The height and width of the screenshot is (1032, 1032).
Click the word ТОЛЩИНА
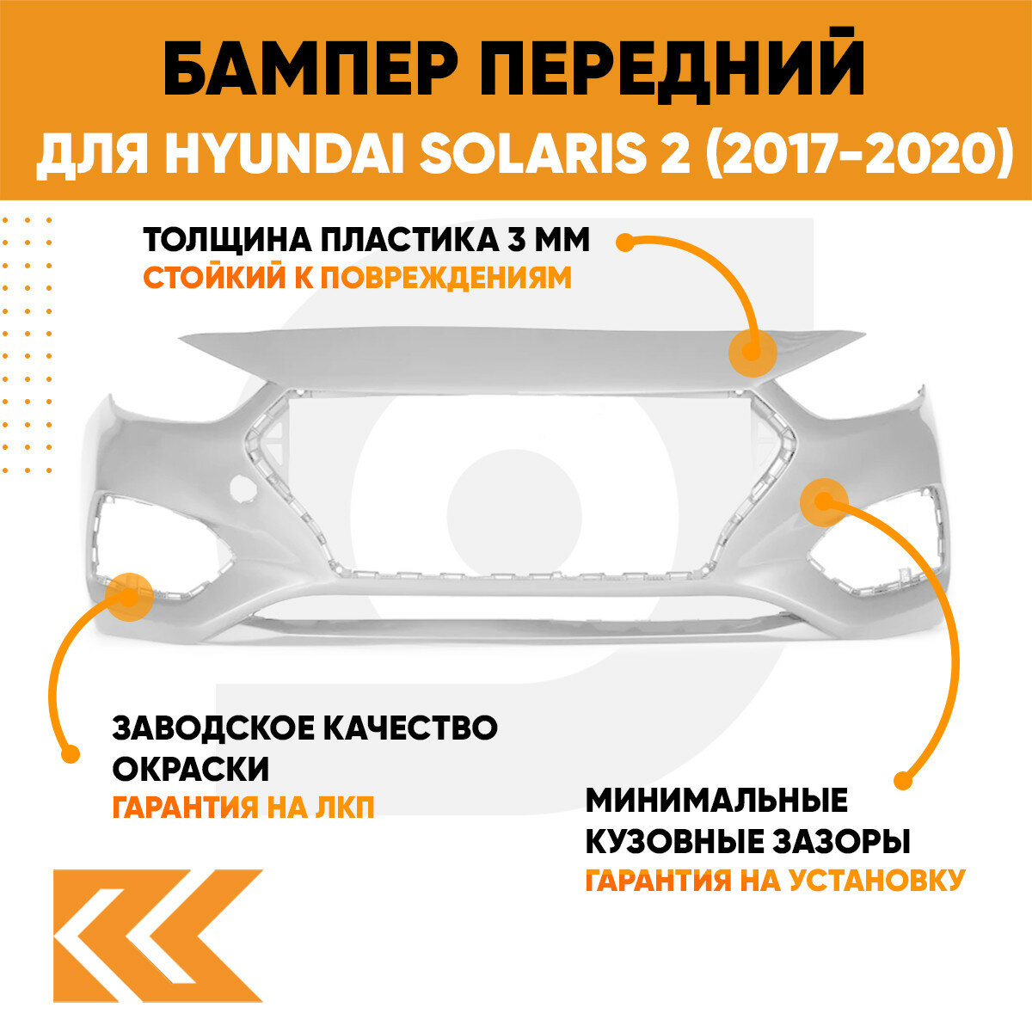point(224,241)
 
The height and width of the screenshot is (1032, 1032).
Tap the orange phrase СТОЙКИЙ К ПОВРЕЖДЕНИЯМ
point(357,278)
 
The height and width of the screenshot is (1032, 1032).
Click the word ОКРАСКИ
point(191,767)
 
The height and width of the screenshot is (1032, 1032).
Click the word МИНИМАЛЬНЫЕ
point(716,801)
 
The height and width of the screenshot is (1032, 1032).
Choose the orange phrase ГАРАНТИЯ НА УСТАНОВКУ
point(774,880)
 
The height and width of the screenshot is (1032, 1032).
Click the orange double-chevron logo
point(157,936)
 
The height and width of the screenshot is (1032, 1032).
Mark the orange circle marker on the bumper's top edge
point(752,353)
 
